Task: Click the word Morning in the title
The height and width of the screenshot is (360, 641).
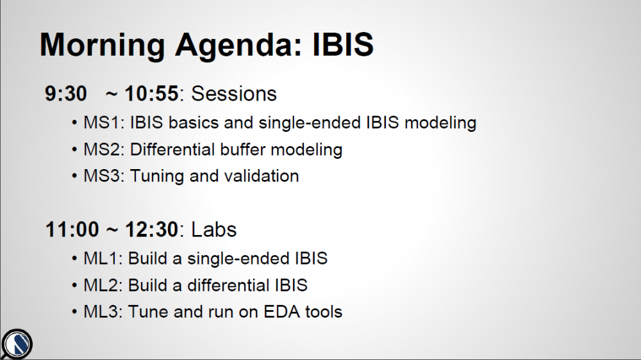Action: pyautogui.click(x=102, y=45)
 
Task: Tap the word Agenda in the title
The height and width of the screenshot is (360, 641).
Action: pyautogui.click(x=238, y=45)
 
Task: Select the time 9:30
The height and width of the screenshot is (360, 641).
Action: pyautogui.click(x=66, y=94)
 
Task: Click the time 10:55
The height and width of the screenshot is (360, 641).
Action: pyautogui.click(x=152, y=94)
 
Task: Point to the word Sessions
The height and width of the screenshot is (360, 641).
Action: pyautogui.click(x=234, y=94)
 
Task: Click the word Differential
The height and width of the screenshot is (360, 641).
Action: pyautogui.click(x=172, y=149)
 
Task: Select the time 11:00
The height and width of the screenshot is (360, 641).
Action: pyautogui.click(x=72, y=229)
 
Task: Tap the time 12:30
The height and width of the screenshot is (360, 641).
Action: pyautogui.click(x=152, y=229)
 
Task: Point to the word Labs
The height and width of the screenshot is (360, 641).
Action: pyautogui.click(x=214, y=229)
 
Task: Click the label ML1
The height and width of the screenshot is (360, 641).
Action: pyautogui.click(x=101, y=259)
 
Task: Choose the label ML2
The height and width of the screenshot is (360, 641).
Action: pyautogui.click(x=101, y=285)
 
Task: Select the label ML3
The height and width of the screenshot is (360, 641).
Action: pyautogui.click(x=101, y=312)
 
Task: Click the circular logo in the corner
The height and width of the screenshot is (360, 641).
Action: pyautogui.click(x=17, y=344)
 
